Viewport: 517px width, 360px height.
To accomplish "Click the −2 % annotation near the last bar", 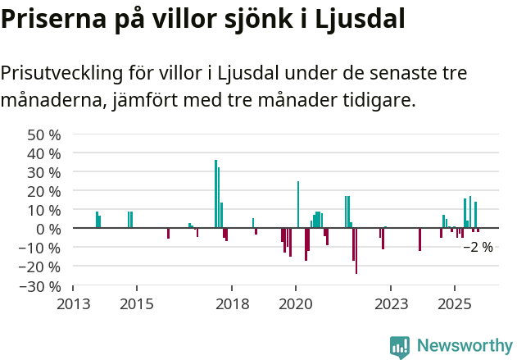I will click(x=478, y=247).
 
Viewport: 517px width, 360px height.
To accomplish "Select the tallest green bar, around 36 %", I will click(x=215, y=194).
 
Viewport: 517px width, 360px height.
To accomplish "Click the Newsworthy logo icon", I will click(x=400, y=347).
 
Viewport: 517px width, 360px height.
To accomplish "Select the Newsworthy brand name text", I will click(x=465, y=346).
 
